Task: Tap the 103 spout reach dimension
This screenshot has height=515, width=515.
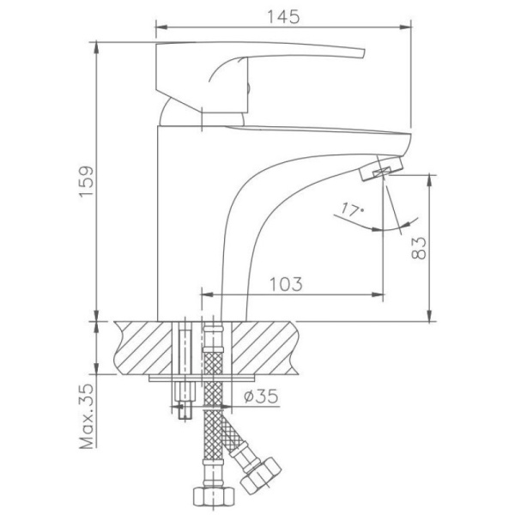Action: [x=284, y=284]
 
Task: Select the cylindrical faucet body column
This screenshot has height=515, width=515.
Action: [x=185, y=215]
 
